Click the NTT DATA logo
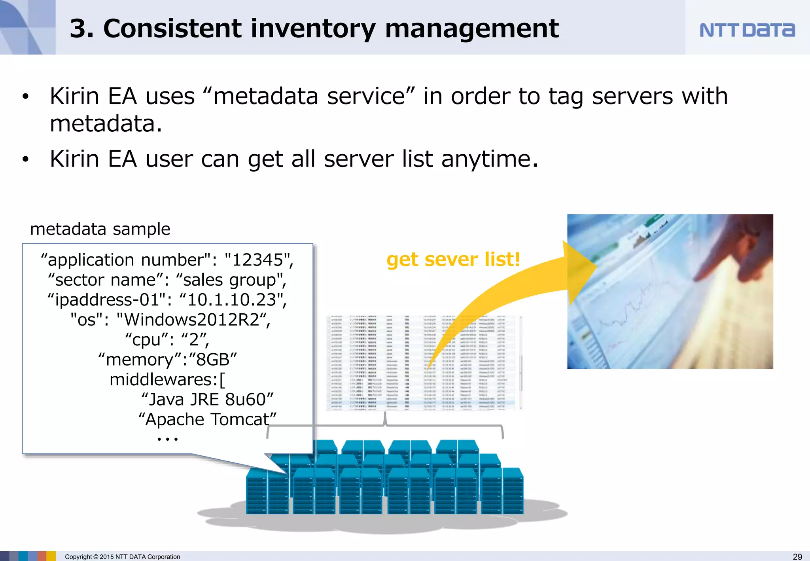747,30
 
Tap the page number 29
797,556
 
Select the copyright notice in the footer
122,557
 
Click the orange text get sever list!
453,260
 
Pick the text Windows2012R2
193,320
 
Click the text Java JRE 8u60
207,399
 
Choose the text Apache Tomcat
207,419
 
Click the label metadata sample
100,229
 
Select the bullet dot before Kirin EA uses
26,97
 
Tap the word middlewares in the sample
163,380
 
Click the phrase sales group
231,280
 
